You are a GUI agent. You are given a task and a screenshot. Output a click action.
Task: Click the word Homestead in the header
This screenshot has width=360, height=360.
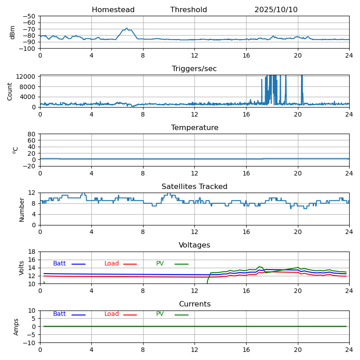pos(113,10)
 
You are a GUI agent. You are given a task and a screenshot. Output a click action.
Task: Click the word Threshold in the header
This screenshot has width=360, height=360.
pos(189,10)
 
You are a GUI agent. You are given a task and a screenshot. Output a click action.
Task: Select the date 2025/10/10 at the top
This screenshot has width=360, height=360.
pos(276,10)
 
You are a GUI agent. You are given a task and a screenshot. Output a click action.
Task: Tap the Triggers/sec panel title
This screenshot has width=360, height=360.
pos(194,69)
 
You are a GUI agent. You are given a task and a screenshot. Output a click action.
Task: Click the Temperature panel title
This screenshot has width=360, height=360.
pos(194,128)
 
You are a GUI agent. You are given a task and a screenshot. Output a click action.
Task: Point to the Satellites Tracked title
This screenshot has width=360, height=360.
pos(194,187)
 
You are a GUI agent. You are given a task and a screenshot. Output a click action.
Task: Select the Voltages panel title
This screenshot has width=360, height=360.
pos(194,245)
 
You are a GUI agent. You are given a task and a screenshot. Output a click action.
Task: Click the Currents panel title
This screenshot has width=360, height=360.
pos(194,304)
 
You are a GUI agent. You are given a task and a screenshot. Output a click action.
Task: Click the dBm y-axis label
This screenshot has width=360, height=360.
pos(13,32)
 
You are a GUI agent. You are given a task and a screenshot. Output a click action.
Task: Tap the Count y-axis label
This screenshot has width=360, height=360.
pos(10,91)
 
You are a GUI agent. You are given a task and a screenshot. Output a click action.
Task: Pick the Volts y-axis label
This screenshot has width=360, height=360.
pos(22,267)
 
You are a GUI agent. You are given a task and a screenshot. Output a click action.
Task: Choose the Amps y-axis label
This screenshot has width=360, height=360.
pos(16,326)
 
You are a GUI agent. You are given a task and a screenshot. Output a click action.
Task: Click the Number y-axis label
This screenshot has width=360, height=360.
pos(22,209)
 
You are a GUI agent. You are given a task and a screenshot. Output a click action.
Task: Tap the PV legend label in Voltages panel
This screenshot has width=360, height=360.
pos(160,264)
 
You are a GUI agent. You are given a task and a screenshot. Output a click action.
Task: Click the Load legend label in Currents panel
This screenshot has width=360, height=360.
pos(112,314)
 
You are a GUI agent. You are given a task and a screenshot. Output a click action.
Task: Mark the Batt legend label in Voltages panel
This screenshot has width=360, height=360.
pos(59,264)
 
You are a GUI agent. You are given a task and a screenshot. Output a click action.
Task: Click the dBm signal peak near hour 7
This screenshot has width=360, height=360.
pos(127,28)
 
